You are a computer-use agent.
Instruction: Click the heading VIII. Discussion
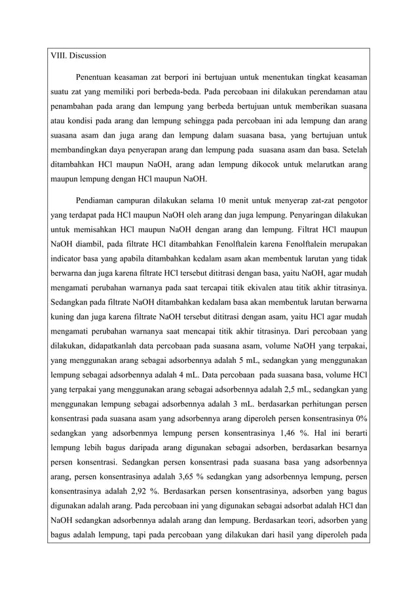coord(78,56)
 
